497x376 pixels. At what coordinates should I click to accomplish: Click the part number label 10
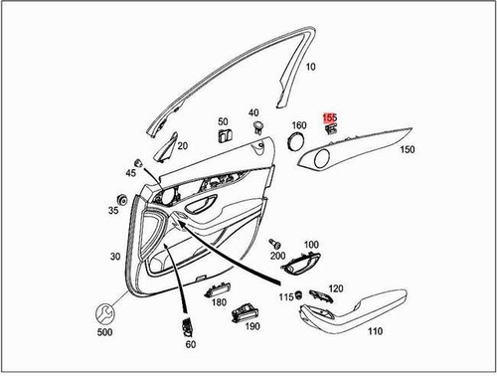310,67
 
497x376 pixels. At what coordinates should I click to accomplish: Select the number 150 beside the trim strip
407,150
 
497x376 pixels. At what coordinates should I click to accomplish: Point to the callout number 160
298,126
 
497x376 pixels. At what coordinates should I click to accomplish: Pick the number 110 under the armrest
375,331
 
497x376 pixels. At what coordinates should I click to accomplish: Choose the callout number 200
277,256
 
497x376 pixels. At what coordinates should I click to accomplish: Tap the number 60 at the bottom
191,344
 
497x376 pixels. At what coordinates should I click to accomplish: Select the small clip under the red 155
331,129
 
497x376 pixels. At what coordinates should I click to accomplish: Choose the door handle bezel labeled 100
304,264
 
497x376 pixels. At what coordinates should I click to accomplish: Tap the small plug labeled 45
138,162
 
